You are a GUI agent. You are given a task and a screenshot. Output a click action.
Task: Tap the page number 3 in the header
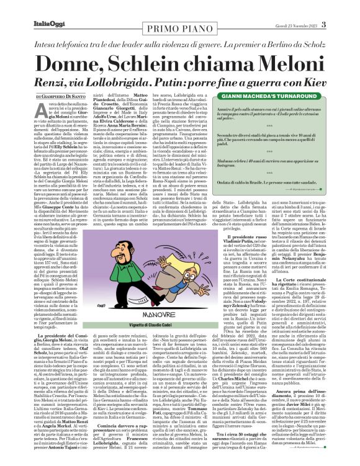341,7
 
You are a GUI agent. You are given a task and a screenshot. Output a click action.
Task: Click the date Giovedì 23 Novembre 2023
313,7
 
